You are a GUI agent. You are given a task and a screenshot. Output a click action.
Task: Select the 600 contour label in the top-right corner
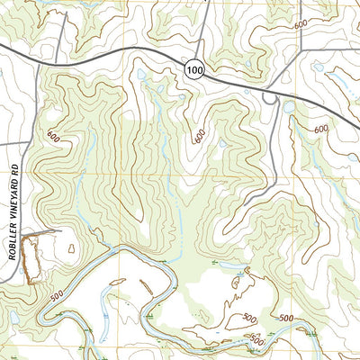coord(300,25)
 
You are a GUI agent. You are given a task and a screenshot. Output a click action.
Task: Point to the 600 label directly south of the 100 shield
coord(199,135)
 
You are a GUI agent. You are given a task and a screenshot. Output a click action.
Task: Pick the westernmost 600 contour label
coord(53,138)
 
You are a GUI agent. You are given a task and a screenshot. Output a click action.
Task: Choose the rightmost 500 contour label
coord(286,319)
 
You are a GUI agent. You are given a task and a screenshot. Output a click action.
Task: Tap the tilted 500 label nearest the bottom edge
coord(257,340)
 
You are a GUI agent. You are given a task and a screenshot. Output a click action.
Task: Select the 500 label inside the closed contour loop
coord(249,318)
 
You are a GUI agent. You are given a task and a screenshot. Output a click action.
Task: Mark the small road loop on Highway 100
coord(270,99)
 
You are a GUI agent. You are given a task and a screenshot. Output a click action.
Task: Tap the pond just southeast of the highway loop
coord(288,107)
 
